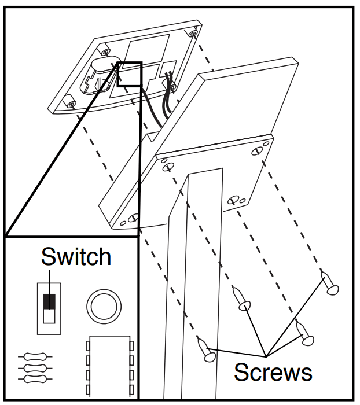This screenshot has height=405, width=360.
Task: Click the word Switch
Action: click(76, 256)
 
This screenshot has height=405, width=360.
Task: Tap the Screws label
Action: click(273, 371)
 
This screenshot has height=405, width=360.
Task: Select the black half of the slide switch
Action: click(50, 300)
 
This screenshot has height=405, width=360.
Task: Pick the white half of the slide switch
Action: click(50, 316)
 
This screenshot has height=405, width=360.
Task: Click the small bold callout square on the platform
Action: click(130, 74)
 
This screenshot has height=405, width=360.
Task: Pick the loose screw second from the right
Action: click(303, 334)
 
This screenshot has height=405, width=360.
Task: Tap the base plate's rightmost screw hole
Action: click(258, 149)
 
